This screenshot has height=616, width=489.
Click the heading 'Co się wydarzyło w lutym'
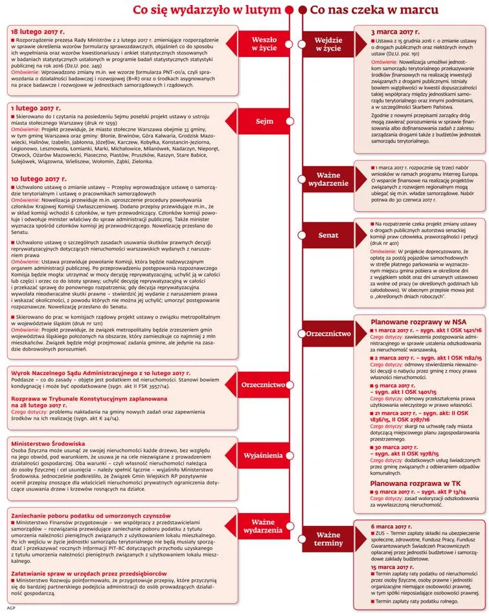(x=207, y=10)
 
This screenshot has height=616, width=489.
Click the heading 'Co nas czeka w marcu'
(x=374, y=10)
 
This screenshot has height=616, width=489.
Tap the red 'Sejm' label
(x=264, y=121)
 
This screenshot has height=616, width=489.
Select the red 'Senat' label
(x=328, y=235)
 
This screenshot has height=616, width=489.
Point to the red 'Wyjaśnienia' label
(x=263, y=455)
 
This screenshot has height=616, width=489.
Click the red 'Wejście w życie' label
(x=328, y=43)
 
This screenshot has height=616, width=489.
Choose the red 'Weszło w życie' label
(x=264, y=43)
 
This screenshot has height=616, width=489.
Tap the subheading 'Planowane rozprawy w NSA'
(x=421, y=321)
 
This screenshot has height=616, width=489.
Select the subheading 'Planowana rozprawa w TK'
(x=418, y=483)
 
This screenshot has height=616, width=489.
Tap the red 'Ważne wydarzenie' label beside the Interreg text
(x=328, y=179)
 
